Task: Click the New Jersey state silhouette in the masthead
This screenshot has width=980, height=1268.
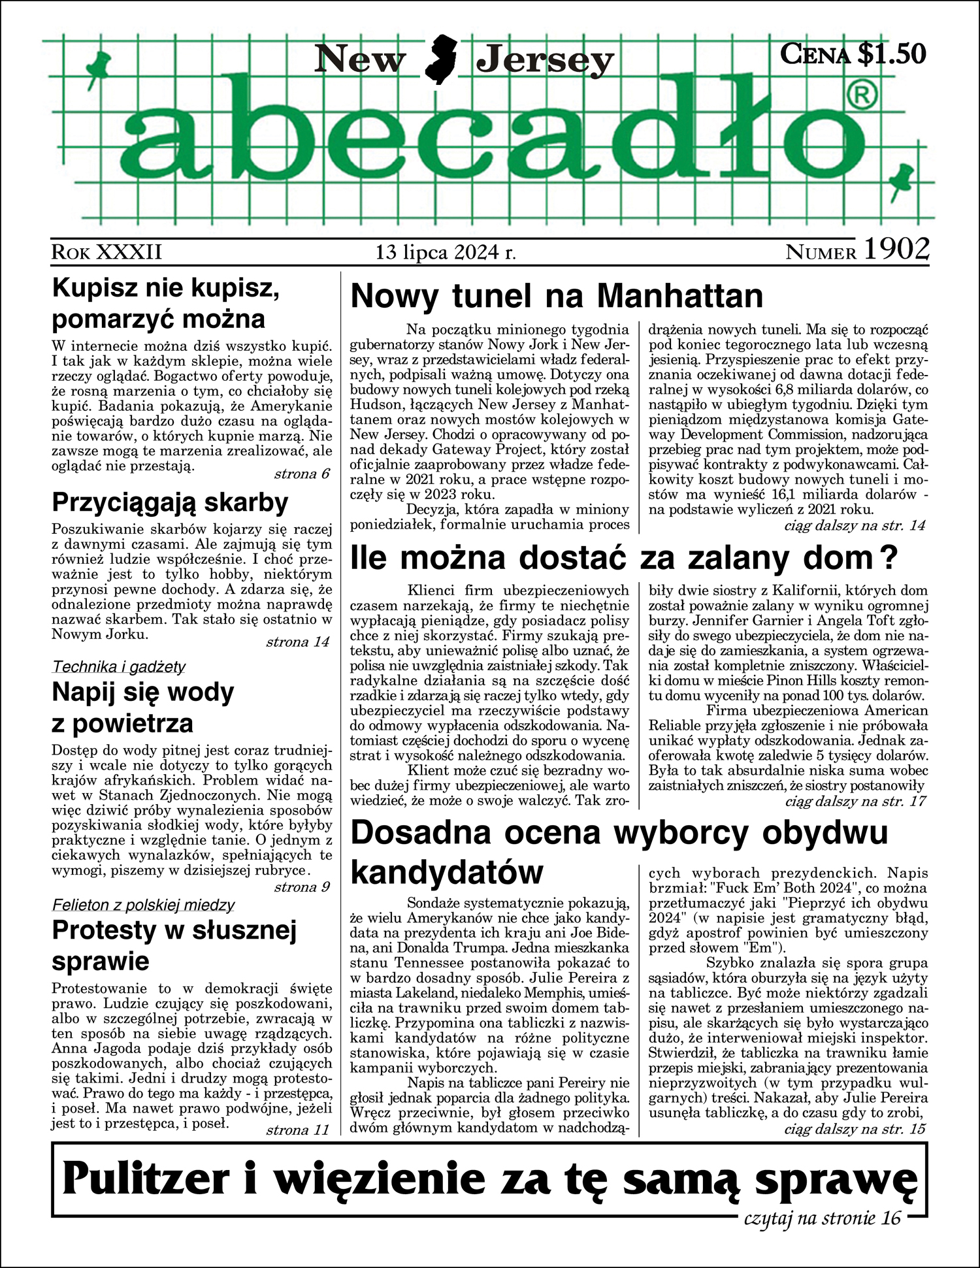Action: [x=441, y=60]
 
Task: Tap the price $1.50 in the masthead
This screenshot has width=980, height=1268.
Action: [x=891, y=54]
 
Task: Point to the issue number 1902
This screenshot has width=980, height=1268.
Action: [x=896, y=250]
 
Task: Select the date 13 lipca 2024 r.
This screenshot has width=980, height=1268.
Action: [x=446, y=252]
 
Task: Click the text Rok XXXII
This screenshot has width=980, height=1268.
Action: [x=106, y=252]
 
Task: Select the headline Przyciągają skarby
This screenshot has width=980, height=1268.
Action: [x=170, y=502]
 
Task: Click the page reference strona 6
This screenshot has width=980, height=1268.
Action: [x=302, y=474]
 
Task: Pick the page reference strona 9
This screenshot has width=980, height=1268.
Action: [x=302, y=886]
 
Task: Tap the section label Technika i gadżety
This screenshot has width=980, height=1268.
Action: [x=118, y=666]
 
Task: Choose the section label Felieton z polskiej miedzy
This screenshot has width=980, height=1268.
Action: [x=142, y=905]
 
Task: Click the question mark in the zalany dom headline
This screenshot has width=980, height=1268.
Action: [x=889, y=559]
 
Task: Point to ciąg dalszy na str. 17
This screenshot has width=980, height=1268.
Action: [x=855, y=800]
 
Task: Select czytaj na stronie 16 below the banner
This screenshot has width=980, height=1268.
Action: [x=823, y=1218]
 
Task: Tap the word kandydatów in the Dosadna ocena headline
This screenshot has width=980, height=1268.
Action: [x=447, y=872]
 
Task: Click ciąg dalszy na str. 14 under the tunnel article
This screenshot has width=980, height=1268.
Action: [x=855, y=525]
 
